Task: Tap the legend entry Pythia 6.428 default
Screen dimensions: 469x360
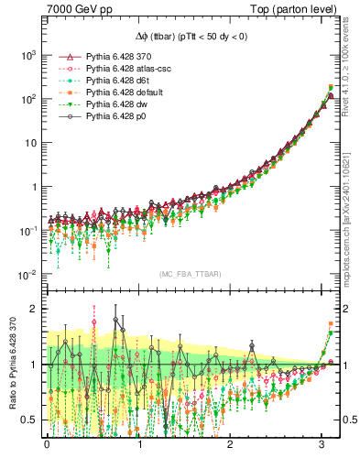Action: [127, 93]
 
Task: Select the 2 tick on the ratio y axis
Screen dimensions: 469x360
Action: [35, 309]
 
